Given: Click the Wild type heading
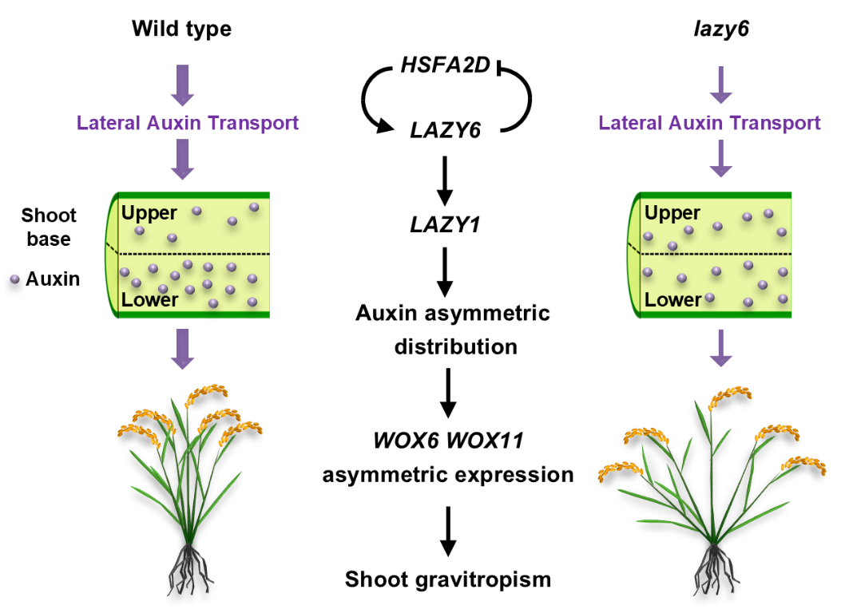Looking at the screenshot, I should point(181,30).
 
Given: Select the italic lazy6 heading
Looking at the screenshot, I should point(721,30).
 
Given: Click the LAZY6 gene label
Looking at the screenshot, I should point(446,129).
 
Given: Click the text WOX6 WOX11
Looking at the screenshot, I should point(448,440).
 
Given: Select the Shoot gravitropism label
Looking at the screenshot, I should point(448,579).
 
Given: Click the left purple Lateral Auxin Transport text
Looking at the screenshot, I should point(188,123).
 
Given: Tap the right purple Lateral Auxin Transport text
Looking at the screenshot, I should point(709,123).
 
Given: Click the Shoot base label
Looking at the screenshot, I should point(49,227).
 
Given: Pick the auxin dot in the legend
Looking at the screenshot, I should point(14,279).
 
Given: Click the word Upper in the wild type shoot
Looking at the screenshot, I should point(149,212).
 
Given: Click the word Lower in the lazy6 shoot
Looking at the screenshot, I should point(672,300).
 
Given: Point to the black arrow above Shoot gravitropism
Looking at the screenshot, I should point(448,531).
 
